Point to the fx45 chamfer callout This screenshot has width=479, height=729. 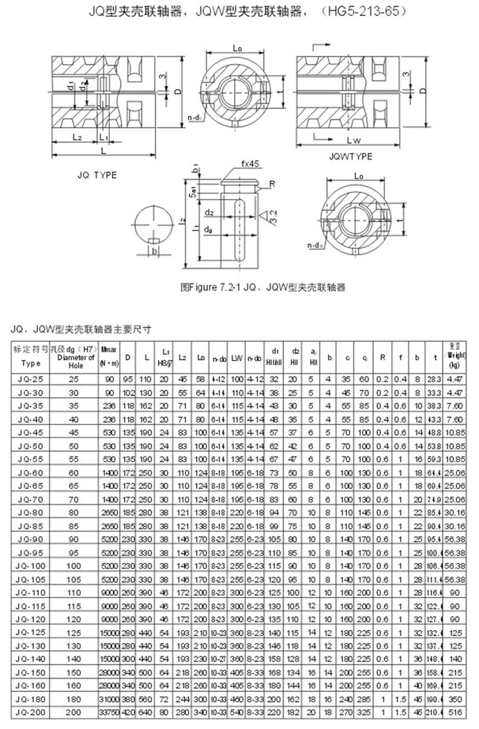click(x=251, y=164)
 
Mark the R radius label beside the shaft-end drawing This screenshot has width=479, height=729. click(x=271, y=183)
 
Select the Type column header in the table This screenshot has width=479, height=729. click(x=29, y=364)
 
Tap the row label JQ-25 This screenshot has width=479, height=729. click(x=30, y=380)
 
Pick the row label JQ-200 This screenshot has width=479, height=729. click(x=30, y=712)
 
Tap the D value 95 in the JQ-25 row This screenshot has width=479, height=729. click(x=130, y=380)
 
